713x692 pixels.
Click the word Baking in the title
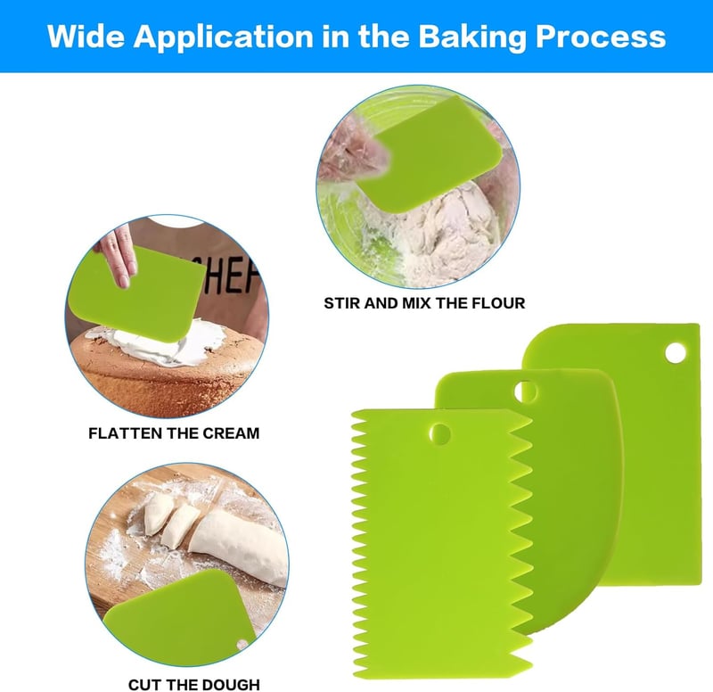472,37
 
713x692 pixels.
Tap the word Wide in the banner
86,36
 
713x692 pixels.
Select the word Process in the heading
601,37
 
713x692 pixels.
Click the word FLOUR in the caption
498,303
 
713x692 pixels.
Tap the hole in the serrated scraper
439,434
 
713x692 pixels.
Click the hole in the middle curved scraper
525,391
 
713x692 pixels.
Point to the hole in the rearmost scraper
676,353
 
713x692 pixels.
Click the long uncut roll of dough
240,547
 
